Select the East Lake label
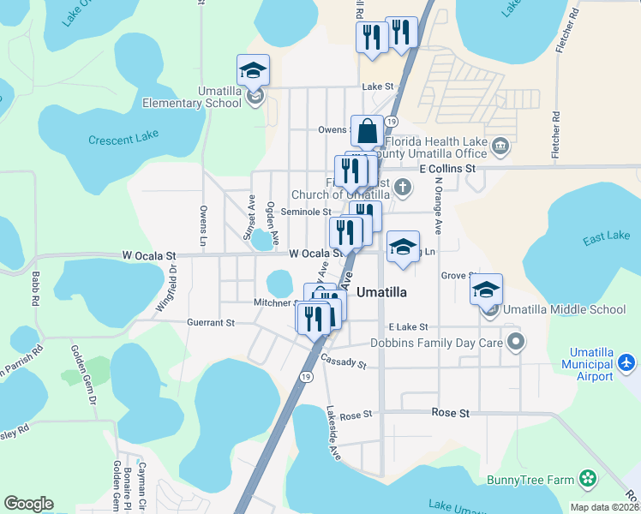(606, 237)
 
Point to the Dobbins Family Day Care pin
(515, 343)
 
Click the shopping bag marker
(367, 132)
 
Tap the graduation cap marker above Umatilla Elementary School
(253, 70)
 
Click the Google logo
(28, 504)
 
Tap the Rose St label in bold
(452, 413)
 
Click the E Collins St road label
(447, 170)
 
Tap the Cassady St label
(344, 363)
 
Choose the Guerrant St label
(211, 323)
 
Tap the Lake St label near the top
(377, 87)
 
